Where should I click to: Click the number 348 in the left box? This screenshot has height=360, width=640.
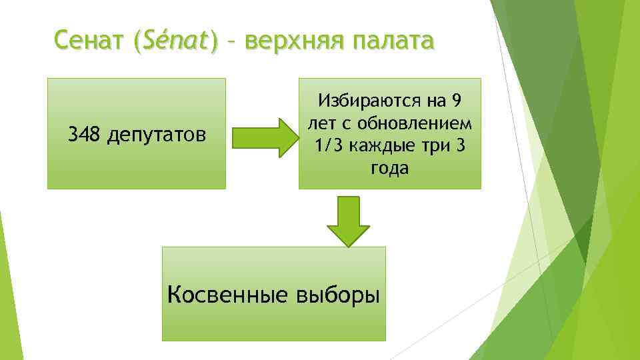[x=83, y=135]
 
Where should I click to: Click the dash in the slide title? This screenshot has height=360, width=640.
[x=231, y=43]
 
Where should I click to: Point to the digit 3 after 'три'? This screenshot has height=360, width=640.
[x=458, y=147]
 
